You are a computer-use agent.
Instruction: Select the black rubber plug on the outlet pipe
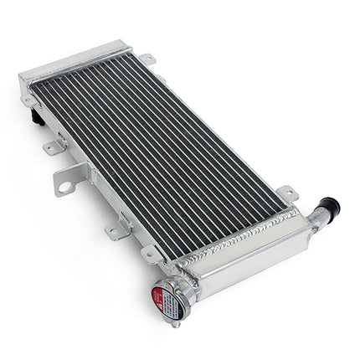coord(329,206)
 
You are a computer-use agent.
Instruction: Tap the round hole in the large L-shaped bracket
coord(64,186)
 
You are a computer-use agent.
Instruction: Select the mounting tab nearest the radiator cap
coord(152,252)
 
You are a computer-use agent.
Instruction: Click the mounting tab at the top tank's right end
coord(147,59)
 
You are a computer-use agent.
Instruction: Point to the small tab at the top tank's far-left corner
coord(28,100)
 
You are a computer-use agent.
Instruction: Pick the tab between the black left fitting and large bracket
coord(52,147)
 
